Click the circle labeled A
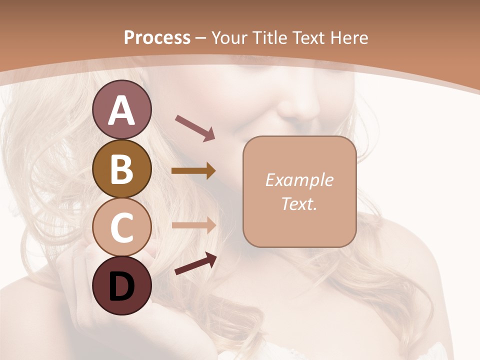(122, 109)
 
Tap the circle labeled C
(122, 227)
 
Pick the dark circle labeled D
(122, 286)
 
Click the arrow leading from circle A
(195, 127)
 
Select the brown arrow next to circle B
(193, 171)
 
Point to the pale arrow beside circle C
(194, 225)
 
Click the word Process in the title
(157, 37)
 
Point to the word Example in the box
(299, 180)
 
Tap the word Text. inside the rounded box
(299, 203)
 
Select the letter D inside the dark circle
(122, 287)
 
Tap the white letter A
(122, 110)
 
